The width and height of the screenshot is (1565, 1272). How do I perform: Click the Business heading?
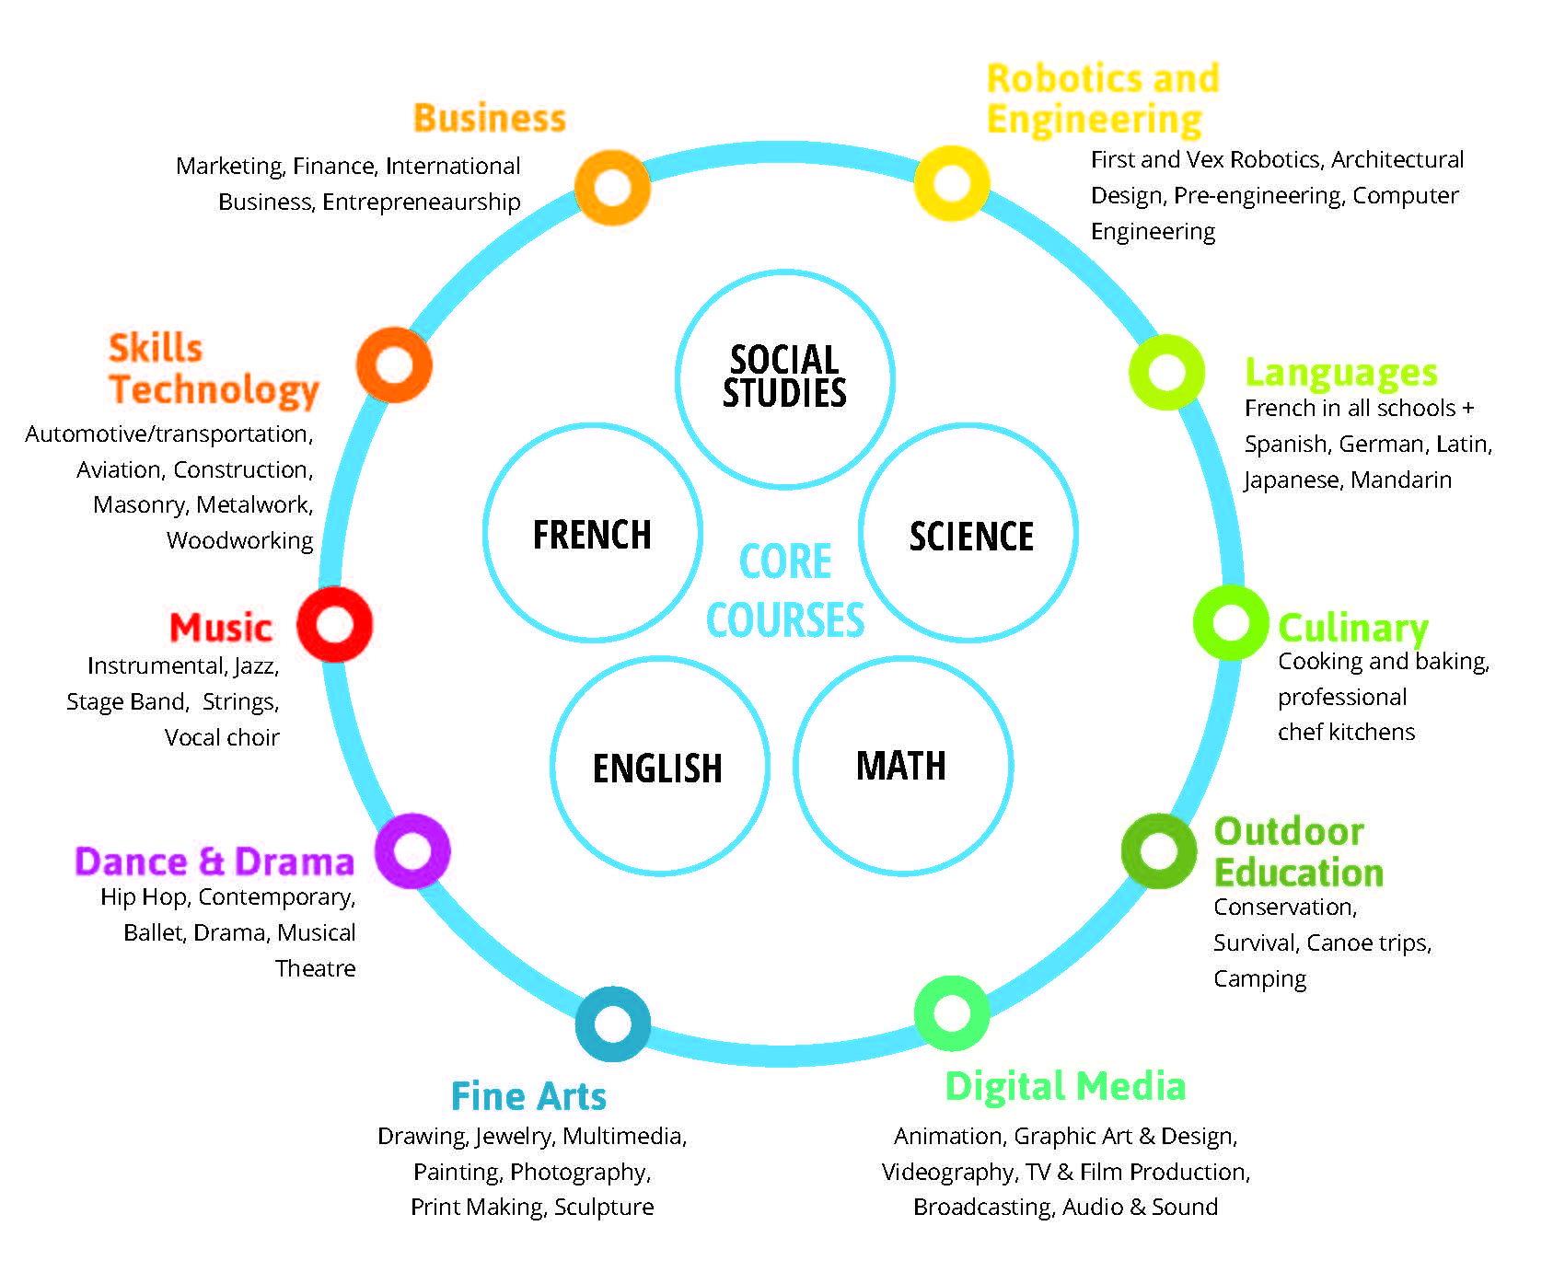[489, 119]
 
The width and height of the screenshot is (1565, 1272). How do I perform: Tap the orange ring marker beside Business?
[612, 187]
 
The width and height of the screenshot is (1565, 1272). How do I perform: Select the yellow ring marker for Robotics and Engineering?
[951, 182]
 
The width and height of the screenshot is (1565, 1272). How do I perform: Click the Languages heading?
[1340, 373]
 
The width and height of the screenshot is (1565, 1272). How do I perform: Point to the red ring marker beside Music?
[334, 624]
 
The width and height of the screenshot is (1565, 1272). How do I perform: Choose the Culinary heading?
[1352, 629]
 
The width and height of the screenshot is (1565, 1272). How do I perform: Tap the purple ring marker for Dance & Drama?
[412, 850]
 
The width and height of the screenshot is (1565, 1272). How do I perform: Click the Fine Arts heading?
[528, 1096]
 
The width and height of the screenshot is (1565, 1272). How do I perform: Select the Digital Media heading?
[1065, 1086]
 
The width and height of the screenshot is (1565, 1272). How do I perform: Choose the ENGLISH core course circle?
[658, 767]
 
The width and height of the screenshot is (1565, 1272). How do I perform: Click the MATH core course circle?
[901, 765]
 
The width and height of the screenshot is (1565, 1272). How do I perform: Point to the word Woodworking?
[239, 540]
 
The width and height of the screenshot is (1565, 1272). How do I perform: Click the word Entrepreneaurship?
[421, 202]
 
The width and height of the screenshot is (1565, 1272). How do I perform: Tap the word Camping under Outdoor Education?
[1259, 978]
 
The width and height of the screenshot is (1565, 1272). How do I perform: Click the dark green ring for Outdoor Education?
[1158, 850]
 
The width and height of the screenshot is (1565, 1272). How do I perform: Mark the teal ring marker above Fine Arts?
[612, 1023]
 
